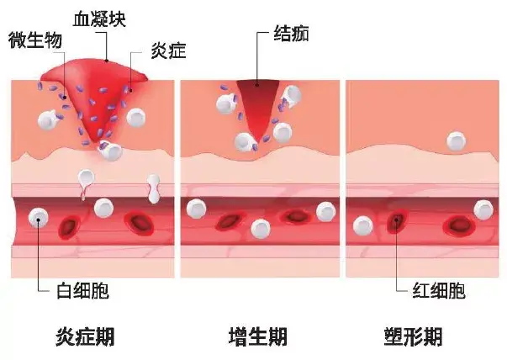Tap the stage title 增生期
tap(258, 337)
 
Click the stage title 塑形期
tap(412, 337)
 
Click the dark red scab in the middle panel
tap(259, 98)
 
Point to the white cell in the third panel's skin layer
tap(454, 139)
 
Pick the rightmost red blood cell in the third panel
tap(459, 225)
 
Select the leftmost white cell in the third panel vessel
tap(363, 225)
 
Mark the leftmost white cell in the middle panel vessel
tap(197, 207)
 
